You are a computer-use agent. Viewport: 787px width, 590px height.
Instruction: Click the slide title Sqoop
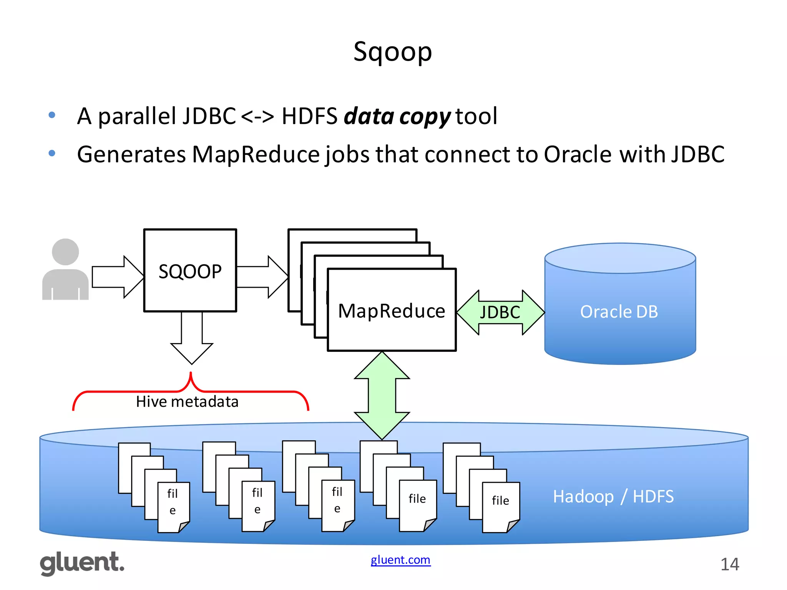click(392, 52)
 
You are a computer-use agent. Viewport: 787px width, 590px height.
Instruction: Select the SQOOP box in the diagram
click(190, 270)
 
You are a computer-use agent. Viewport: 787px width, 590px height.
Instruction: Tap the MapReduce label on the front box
click(391, 311)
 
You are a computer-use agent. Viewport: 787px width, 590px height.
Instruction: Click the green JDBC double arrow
click(500, 312)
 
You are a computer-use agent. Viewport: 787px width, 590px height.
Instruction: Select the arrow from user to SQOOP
click(118, 277)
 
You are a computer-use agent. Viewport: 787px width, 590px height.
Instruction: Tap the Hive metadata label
click(187, 402)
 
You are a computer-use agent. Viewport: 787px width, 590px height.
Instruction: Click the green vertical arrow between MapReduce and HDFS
click(382, 396)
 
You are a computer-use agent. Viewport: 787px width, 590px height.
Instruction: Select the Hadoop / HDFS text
click(613, 496)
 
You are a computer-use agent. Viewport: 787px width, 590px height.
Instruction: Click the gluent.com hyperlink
click(400, 560)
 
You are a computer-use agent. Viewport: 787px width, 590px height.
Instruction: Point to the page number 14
click(729, 564)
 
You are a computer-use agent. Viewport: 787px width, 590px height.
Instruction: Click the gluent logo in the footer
click(82, 563)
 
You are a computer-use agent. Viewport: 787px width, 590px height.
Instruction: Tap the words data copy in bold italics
click(397, 116)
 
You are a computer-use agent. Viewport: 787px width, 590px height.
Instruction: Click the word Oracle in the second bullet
click(577, 154)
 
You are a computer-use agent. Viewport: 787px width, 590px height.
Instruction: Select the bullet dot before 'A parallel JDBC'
click(52, 115)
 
